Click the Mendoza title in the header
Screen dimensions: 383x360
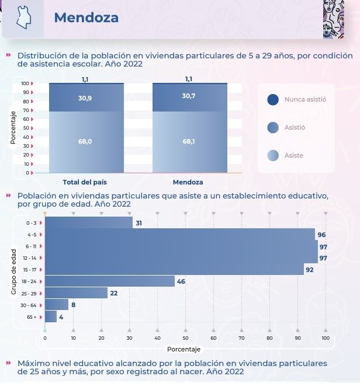click(x=86, y=18)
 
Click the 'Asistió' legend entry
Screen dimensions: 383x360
click(x=295, y=127)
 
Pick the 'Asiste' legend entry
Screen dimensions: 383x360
click(x=293, y=155)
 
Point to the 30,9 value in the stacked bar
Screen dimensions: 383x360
click(x=85, y=98)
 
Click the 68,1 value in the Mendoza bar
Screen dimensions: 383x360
click(x=189, y=141)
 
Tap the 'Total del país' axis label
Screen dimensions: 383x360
click(x=86, y=182)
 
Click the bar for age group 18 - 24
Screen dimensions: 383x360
click(x=110, y=281)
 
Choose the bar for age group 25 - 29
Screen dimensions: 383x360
click(x=76, y=293)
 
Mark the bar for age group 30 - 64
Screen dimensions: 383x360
click(x=57, y=304)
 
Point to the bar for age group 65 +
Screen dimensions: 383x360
click(x=51, y=316)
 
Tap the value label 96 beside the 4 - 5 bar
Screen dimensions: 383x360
click(x=321, y=235)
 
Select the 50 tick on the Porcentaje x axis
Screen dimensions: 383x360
click(x=185, y=337)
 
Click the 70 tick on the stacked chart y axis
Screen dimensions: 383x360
click(x=25, y=110)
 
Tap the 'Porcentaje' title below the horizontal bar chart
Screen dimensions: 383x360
click(x=184, y=349)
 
